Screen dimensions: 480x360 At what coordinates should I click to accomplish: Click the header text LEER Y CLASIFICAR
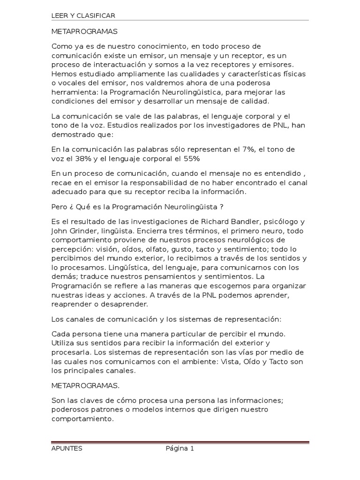point(83,16)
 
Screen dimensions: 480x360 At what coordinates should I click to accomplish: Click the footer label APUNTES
point(67,449)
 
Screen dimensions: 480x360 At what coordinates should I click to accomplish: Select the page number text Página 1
point(180,449)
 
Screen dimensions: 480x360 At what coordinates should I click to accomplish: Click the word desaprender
point(126,304)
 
